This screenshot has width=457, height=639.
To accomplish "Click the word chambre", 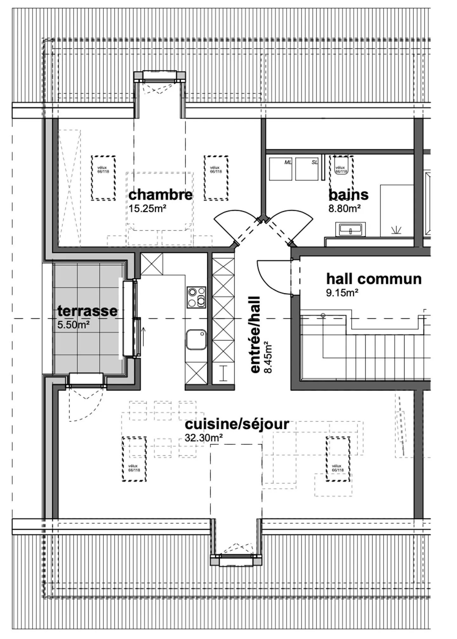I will coord(160,194).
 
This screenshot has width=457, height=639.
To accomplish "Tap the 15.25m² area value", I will coord(148,209).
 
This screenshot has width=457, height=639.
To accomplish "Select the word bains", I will coord(348,194).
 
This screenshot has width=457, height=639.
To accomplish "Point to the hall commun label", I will coord(374,279).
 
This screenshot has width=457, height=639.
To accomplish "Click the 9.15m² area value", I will coord(342,293).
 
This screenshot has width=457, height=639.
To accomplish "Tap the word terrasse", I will coord(87,311).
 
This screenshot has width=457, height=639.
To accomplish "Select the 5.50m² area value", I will coord(73,325).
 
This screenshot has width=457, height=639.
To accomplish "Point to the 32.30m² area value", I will coord(203,438).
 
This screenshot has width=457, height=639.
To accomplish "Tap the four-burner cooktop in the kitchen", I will coord(196,297).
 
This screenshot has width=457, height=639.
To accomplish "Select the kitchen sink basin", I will coord(196,339).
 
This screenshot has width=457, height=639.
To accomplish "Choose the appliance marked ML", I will coord(281,169).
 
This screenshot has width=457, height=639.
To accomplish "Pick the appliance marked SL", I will coord(307,169).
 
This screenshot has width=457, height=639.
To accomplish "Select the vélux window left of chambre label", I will coord(103,178).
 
